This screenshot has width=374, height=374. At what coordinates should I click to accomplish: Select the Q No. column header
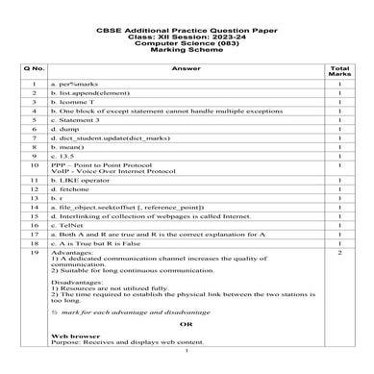33,68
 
